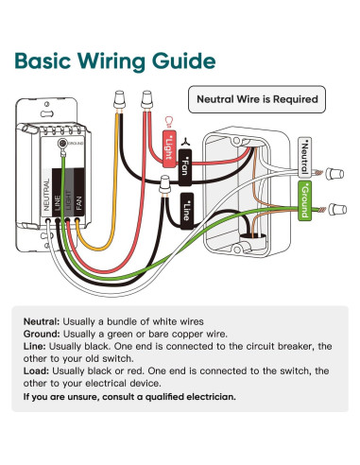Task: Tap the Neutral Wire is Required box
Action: [x=257, y=99]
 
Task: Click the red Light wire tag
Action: [x=169, y=149]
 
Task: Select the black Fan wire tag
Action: [x=185, y=167]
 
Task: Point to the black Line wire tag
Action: [x=187, y=211]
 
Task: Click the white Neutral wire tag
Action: [x=304, y=156]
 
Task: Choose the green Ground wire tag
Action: [x=304, y=200]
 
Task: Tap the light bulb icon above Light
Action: [x=169, y=122]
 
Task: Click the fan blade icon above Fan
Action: [x=185, y=142]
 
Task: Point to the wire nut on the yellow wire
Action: [x=119, y=100]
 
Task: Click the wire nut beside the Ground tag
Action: [x=337, y=209]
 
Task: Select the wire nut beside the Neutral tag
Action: [x=334, y=174]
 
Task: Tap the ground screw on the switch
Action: [x=62, y=144]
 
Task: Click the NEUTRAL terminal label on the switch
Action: [x=46, y=195]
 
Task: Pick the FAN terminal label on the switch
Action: [x=79, y=203]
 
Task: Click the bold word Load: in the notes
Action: [x=36, y=370]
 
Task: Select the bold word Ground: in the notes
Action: [x=42, y=334]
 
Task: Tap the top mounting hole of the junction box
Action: [x=235, y=141]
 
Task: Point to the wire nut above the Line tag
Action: [x=164, y=185]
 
